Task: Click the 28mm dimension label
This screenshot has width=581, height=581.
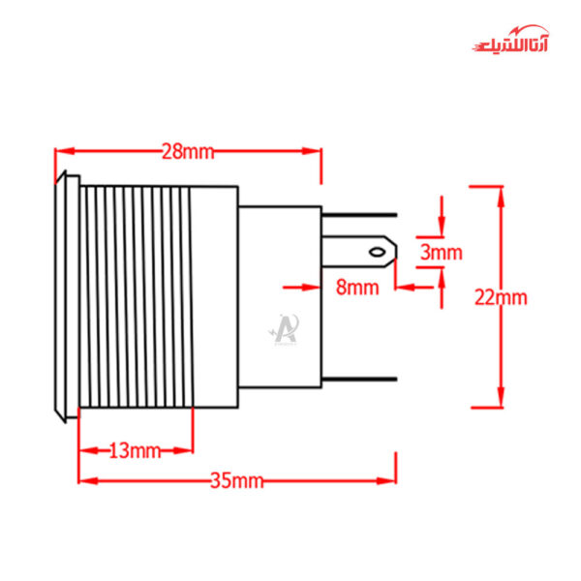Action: click(x=188, y=152)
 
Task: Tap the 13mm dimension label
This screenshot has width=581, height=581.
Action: click(x=134, y=450)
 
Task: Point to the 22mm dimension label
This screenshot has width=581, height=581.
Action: click(x=501, y=297)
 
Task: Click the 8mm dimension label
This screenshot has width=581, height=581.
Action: click(x=357, y=287)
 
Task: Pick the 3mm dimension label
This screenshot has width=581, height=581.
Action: click(x=442, y=253)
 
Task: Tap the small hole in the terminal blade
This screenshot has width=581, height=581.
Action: click(x=379, y=254)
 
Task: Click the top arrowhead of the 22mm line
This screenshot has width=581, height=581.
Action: click(x=501, y=193)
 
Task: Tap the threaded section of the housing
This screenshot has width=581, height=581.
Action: click(x=136, y=296)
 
